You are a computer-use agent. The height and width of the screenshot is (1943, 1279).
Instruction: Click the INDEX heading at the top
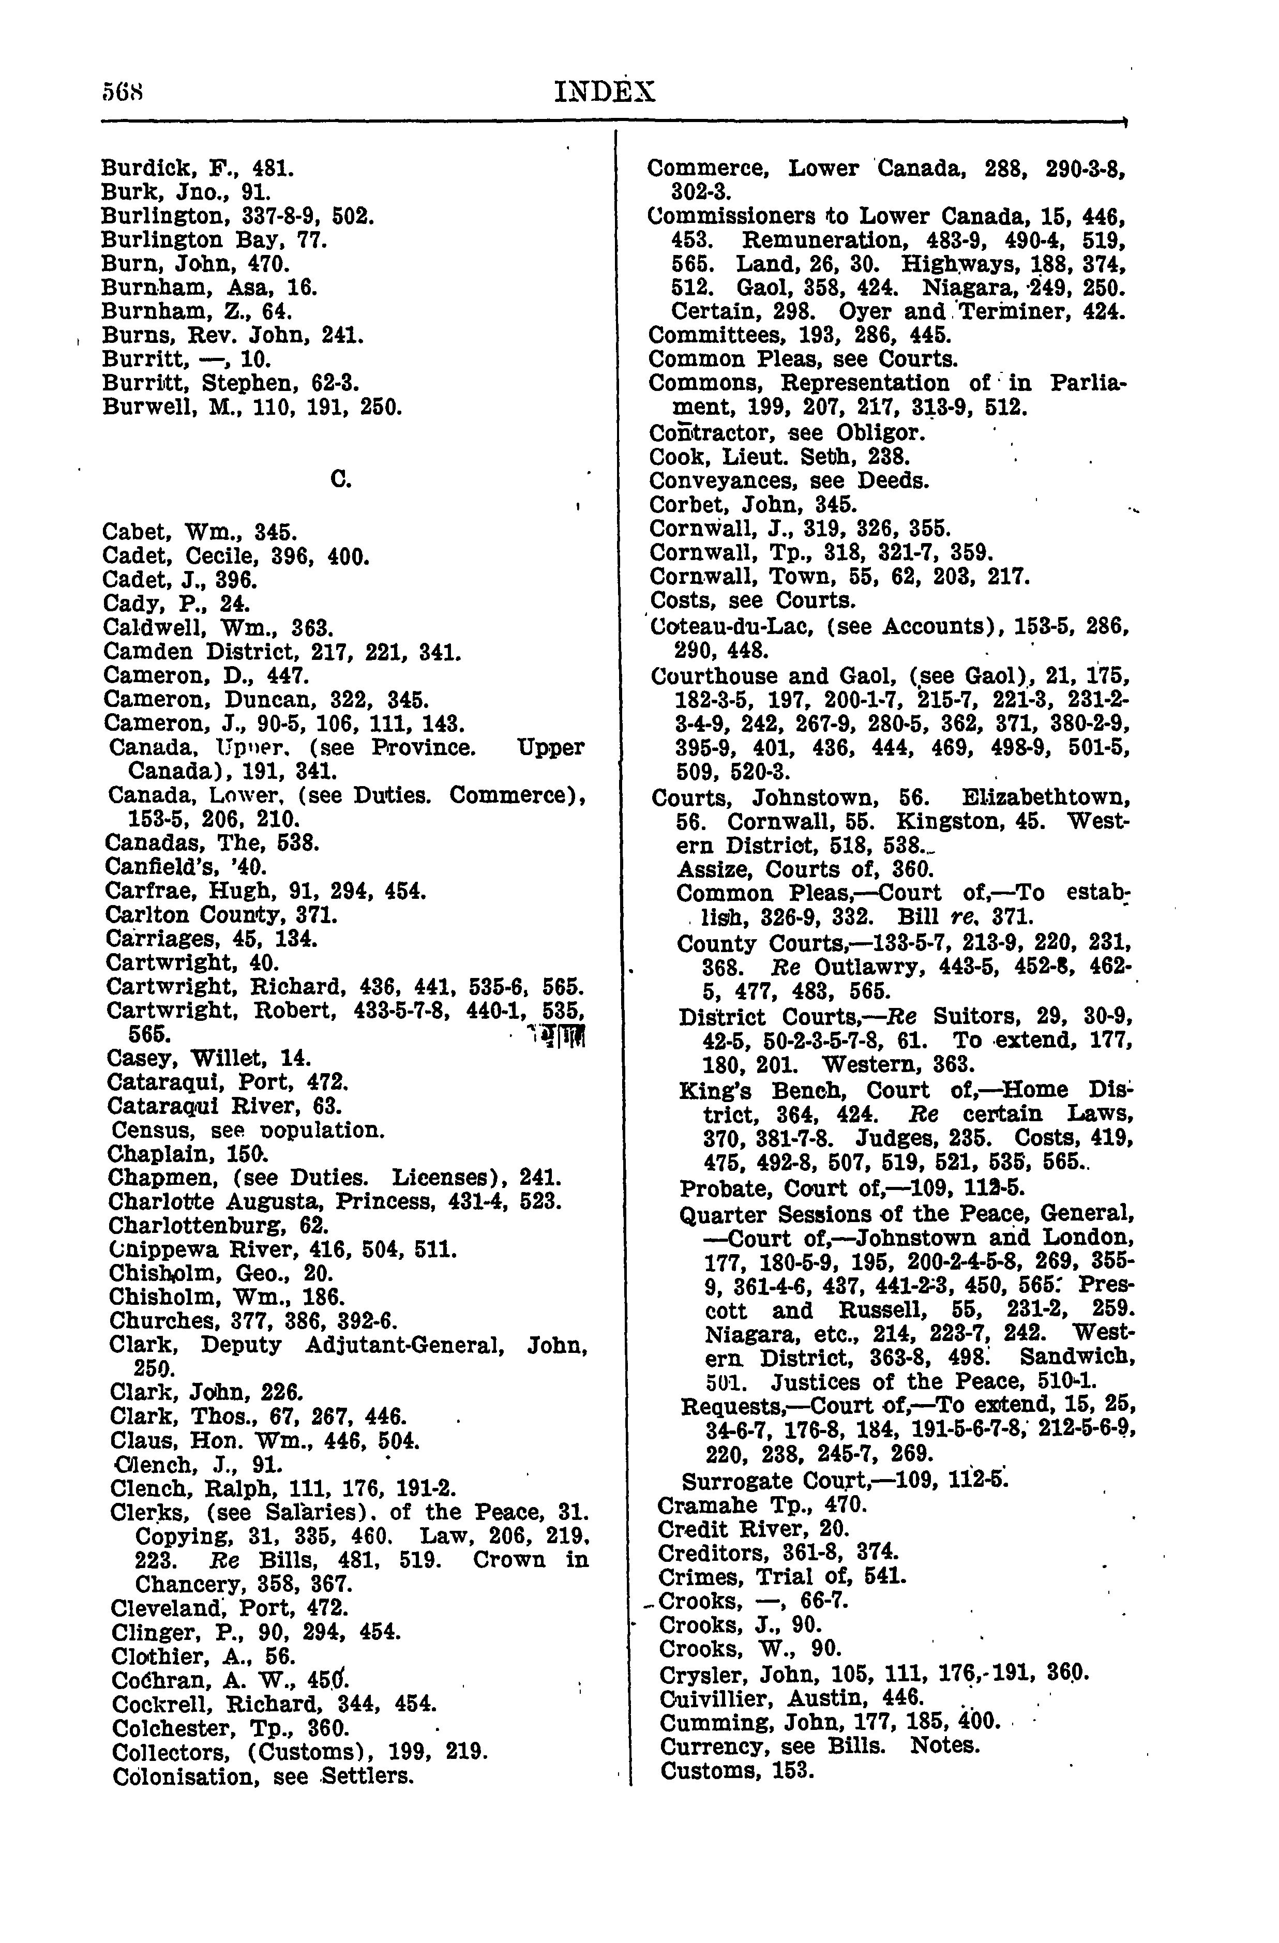point(604,92)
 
